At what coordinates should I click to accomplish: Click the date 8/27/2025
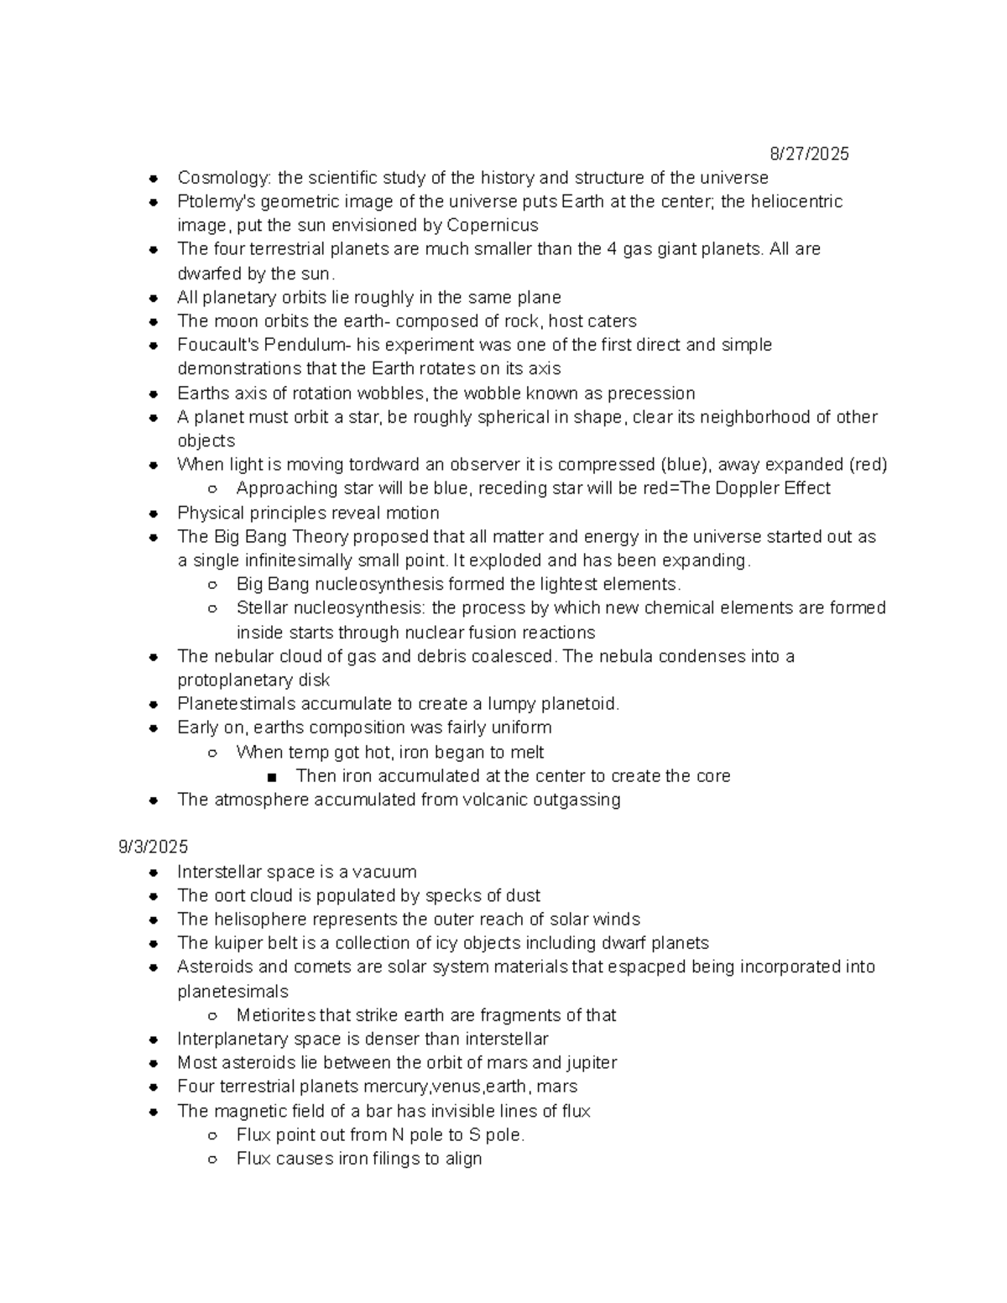point(809,154)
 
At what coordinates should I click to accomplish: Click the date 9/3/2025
point(154,847)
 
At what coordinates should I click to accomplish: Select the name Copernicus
point(493,225)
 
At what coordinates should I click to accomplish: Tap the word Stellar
point(262,607)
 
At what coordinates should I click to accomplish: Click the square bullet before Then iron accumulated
point(272,777)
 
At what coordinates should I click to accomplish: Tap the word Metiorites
point(272,1015)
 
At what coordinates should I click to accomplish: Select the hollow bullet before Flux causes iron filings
point(213,1160)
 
